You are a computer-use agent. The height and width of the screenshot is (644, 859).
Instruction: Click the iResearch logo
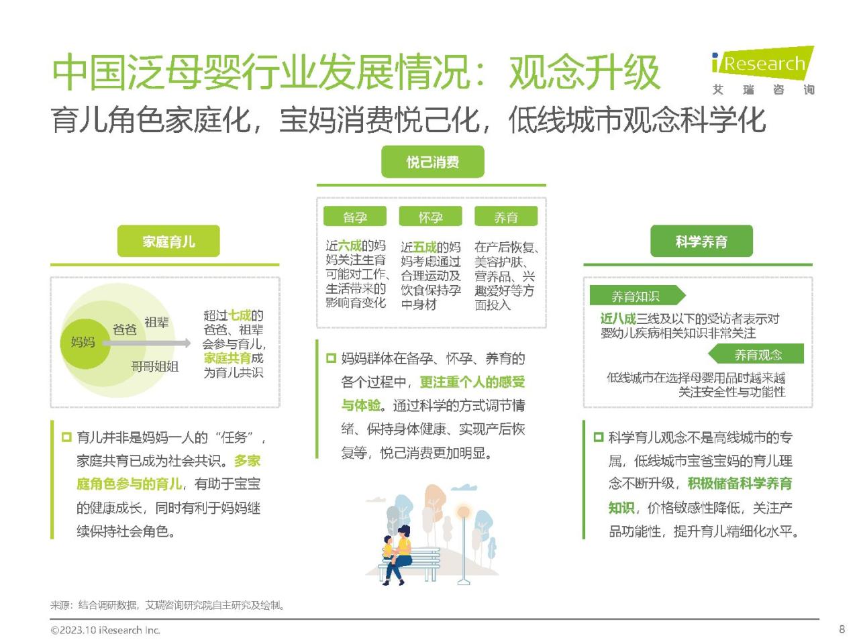coord(763,70)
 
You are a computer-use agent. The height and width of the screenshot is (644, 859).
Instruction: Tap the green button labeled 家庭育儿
coord(168,241)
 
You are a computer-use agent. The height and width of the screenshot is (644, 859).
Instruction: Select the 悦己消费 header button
coord(432,162)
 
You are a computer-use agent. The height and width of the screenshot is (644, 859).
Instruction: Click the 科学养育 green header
coord(701,241)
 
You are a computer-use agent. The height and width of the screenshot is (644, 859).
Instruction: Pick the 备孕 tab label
coord(354,216)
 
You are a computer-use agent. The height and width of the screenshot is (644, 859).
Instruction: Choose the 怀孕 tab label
coord(430,216)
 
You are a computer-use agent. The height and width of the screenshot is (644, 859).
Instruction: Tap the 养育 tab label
coord(505,216)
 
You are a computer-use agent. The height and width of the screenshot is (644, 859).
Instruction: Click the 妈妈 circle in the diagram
coord(85,343)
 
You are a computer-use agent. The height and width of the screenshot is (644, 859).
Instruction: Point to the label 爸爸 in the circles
coord(124,329)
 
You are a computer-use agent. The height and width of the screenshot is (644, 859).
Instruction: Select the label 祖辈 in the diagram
coord(156,322)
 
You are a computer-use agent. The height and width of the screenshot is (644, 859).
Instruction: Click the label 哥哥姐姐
coord(154,366)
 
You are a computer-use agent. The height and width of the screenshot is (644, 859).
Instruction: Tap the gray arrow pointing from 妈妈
coord(146,343)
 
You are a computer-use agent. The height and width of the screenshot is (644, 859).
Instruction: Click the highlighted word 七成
coord(239,315)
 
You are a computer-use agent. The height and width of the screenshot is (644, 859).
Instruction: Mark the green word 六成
coord(350,246)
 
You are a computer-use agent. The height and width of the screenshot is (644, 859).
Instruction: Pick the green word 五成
coord(425,247)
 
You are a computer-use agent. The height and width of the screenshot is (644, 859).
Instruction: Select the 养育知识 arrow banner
coord(638,295)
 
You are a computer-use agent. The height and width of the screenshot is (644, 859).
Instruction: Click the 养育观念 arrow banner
coord(756,354)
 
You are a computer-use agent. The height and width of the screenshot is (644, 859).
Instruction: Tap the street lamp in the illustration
coord(464,543)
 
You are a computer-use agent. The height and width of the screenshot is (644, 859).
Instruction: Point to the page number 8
coord(842,629)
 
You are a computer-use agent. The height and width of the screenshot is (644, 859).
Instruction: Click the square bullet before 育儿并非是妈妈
coord(66,437)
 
